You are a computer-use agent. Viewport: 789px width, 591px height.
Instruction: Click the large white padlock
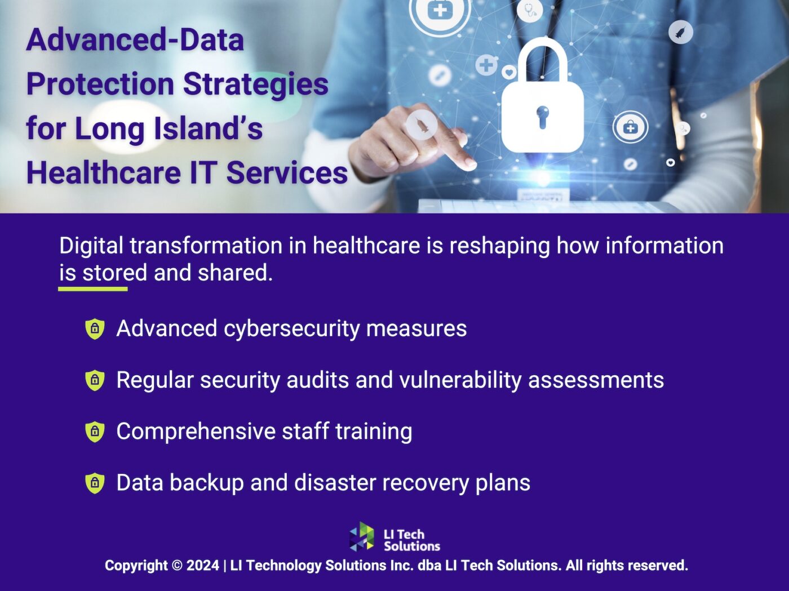(x=542, y=107)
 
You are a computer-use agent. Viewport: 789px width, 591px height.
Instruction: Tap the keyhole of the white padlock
(x=542, y=116)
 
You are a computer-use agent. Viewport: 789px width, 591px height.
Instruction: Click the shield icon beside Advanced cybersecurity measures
(x=95, y=328)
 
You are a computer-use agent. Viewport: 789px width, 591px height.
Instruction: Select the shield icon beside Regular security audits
(x=95, y=380)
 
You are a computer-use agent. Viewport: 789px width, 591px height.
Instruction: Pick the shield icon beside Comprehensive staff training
(x=95, y=432)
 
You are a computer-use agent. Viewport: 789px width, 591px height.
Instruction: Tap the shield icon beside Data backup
(x=95, y=483)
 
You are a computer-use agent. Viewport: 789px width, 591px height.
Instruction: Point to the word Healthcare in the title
(x=103, y=172)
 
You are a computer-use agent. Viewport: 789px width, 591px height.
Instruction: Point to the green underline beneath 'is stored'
(x=93, y=289)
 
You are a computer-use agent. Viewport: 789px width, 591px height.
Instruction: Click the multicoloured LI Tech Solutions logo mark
(x=362, y=536)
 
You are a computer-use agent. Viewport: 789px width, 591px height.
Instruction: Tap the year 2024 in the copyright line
(x=203, y=566)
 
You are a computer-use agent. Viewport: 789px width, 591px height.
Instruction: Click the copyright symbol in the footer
(x=177, y=566)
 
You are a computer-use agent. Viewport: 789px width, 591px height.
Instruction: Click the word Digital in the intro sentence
(x=91, y=246)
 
